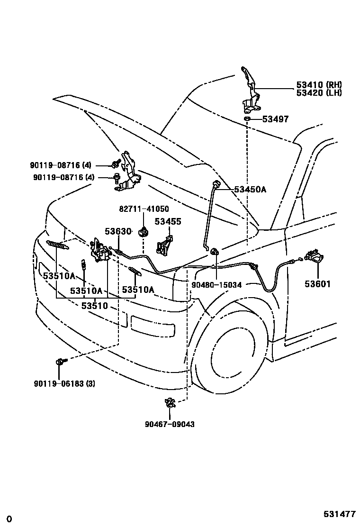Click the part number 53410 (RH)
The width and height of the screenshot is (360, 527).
click(319, 85)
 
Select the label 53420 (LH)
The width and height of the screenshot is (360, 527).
click(319, 93)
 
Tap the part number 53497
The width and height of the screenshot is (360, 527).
click(276, 119)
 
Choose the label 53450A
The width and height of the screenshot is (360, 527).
click(250, 190)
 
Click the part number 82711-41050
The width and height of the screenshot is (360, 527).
click(143, 209)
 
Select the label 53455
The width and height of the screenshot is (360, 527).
click(168, 221)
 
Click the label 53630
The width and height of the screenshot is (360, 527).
click(117, 231)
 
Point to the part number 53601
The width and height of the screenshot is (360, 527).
click(317, 284)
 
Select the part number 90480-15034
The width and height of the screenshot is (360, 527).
click(216, 285)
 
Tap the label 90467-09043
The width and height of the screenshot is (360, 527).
click(170, 424)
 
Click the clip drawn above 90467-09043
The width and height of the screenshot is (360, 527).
click(170, 403)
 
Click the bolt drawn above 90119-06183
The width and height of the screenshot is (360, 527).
click(60, 362)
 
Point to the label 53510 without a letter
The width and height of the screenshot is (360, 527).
click(95, 306)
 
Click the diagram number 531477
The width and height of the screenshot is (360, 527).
click(339, 514)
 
